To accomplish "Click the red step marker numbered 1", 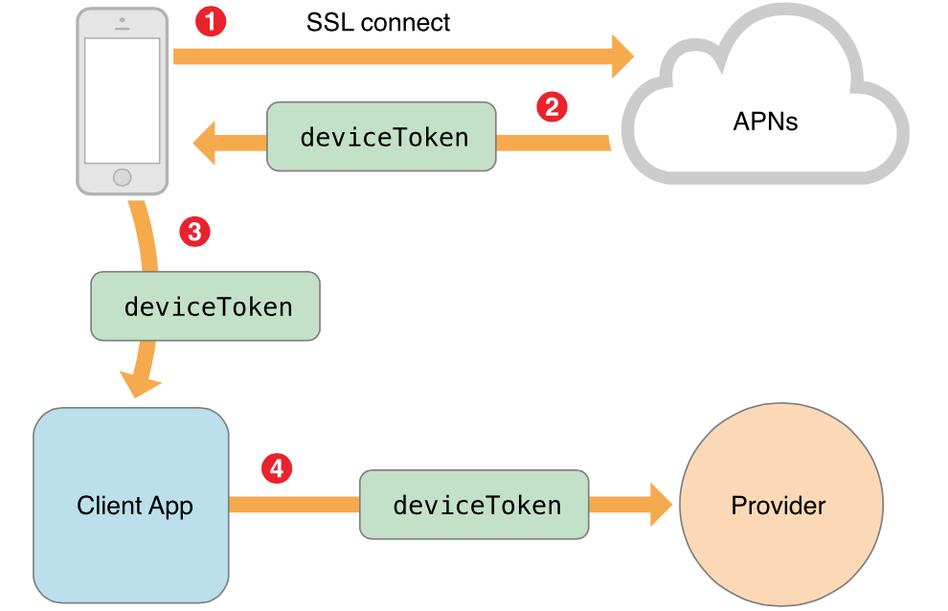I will [211, 21].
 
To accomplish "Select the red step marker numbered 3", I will [194, 231].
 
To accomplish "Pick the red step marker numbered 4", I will [277, 468].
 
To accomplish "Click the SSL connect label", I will [378, 22].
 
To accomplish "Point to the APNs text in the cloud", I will [765, 122].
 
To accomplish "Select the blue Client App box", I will [131, 506].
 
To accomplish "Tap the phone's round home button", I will [122, 177].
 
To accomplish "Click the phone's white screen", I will [122, 100].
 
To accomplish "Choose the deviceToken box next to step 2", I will [381, 137].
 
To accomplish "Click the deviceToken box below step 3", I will [205, 306].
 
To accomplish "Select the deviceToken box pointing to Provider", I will [474, 504].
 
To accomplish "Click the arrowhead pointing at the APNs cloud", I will [621, 56].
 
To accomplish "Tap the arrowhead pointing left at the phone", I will [205, 145].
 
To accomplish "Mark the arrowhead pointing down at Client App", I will [140, 384].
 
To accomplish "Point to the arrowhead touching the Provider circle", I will [660, 504].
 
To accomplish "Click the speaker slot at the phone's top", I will [122, 27].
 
